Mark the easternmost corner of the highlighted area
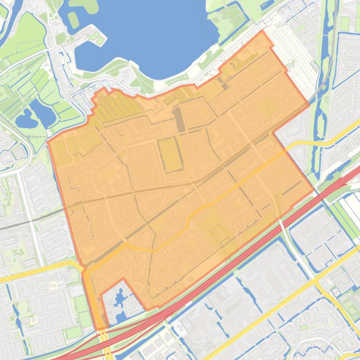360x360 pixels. pyautogui.click(x=313, y=192)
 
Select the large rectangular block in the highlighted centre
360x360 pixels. pyautogui.click(x=170, y=154)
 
